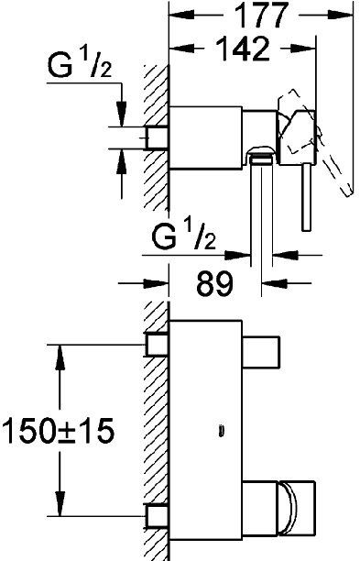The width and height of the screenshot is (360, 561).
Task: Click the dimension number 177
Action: coord(262,15)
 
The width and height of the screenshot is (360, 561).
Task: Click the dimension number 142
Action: coord(243,49)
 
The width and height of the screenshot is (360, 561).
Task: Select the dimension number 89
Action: coord(214,283)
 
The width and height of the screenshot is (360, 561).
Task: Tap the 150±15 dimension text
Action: coord(58,430)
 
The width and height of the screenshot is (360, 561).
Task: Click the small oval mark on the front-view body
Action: coord(221,431)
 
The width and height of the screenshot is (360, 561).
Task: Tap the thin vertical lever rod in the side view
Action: coord(307,197)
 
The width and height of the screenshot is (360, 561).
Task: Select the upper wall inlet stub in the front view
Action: coord(157,344)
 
